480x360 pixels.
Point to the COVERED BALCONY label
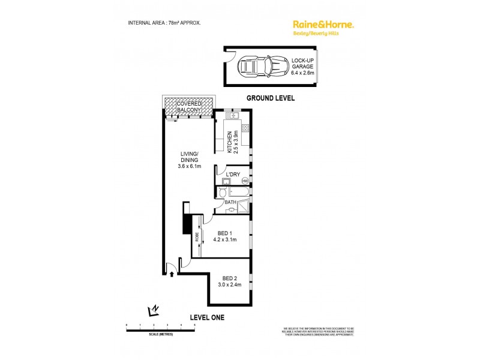pos(188,107)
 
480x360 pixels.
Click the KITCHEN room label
pos(236,142)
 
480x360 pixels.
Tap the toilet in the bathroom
pos(222,193)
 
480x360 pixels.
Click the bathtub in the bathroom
pos(239,192)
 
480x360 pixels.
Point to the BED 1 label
pos(225,235)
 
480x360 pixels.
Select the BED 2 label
pos(229,281)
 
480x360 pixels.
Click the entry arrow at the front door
pos(173,274)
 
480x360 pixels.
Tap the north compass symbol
pos(154,310)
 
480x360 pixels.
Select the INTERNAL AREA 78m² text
pos(164,22)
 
